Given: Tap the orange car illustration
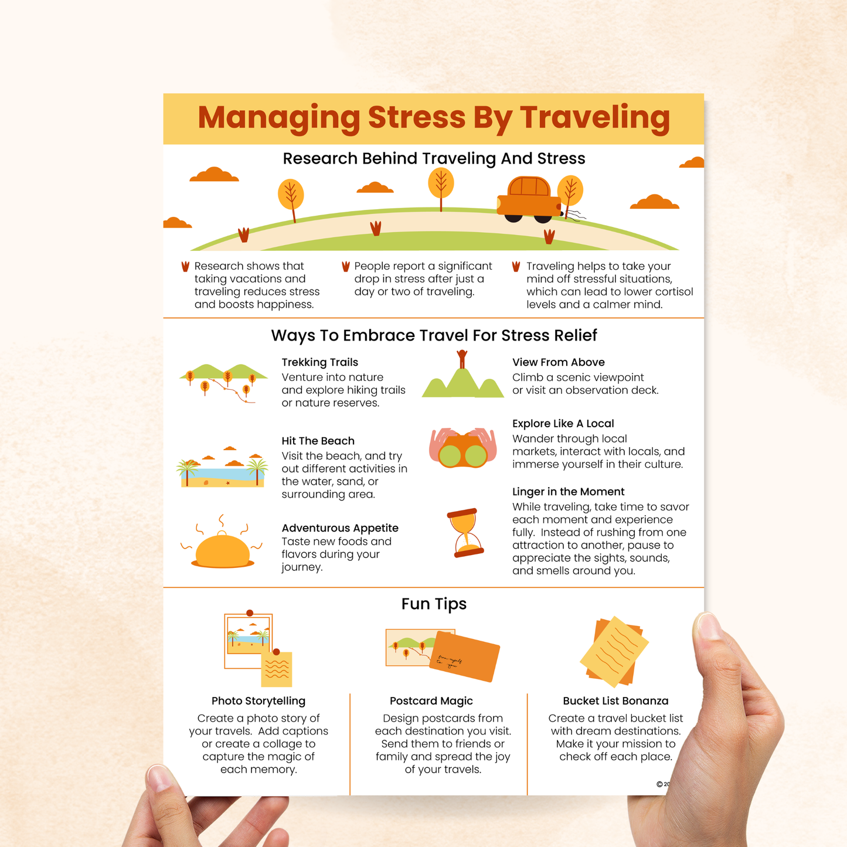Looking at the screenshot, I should tap(529, 200).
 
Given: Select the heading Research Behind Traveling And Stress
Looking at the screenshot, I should tap(434, 159).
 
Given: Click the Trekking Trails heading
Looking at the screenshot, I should tap(319, 362).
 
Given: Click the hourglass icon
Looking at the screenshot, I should tap(466, 533).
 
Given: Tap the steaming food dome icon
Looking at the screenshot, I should tap(222, 547).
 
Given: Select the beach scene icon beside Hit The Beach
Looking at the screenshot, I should tap(222, 468).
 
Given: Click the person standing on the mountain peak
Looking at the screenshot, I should tap(462, 358).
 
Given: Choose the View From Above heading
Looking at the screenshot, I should tap(558, 362).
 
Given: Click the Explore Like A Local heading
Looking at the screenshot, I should tap(563, 424).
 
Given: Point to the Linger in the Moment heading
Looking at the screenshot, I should tap(568, 492).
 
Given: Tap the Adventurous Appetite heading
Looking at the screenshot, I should tap(339, 528).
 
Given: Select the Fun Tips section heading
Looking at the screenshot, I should tap(434, 604).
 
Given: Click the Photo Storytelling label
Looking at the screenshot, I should tap(258, 701).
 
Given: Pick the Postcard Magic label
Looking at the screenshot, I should tap(431, 701).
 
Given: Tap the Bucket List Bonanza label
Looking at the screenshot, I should tap(615, 701).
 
